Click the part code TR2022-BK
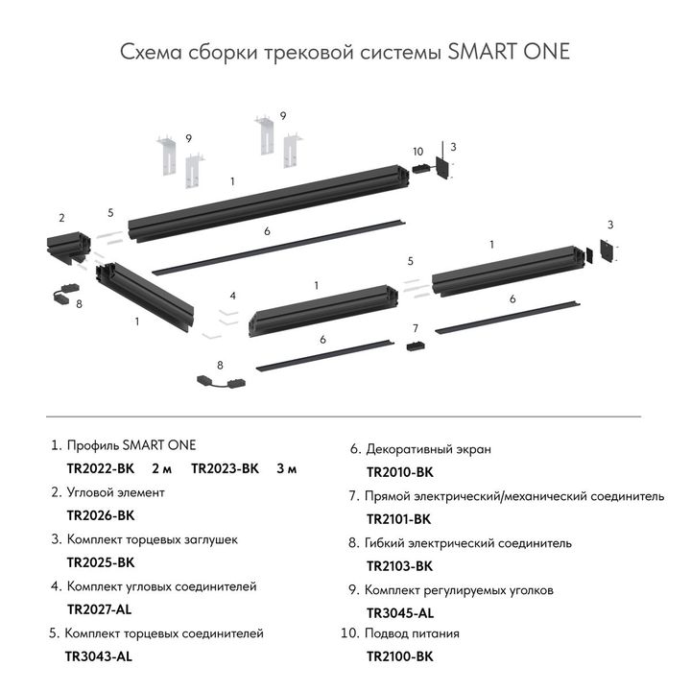tap(101, 469)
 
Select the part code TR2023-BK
tap(226, 469)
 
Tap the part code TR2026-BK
tap(101, 515)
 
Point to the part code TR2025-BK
tap(101, 562)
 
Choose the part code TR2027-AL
tap(99, 609)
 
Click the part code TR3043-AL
tap(98, 657)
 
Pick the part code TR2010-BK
tap(400, 472)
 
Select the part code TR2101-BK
tap(399, 519)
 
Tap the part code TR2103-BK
tap(400, 566)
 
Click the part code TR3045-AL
tap(400, 612)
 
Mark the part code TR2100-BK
tap(400, 657)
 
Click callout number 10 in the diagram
tap(417, 152)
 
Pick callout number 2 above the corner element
tap(61, 218)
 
